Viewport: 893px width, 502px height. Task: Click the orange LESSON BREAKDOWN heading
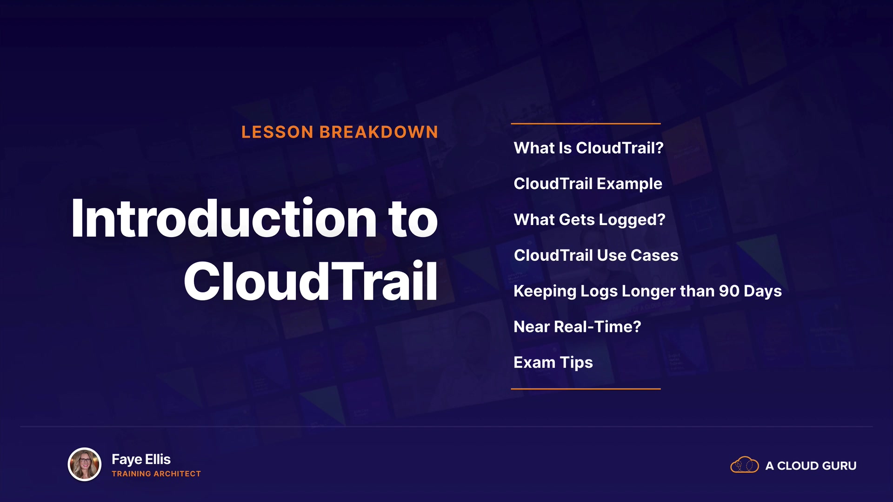click(340, 132)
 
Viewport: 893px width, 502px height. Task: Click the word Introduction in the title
click(224, 218)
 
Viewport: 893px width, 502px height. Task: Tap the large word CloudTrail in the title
click(311, 281)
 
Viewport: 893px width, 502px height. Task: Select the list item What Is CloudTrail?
click(588, 148)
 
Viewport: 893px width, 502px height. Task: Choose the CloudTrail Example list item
click(588, 184)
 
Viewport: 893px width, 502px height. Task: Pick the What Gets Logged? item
click(589, 220)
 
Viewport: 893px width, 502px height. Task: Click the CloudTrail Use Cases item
click(596, 255)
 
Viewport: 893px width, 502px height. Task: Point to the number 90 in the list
click(729, 291)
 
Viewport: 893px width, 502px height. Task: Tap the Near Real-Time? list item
click(577, 327)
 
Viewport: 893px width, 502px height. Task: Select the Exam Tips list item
click(553, 363)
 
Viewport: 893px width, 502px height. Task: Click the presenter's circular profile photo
click(85, 464)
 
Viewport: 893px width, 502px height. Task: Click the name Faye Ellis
click(141, 459)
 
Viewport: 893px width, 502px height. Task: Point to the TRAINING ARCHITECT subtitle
click(156, 474)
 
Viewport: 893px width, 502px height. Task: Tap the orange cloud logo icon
click(745, 465)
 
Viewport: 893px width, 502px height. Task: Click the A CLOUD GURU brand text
click(811, 466)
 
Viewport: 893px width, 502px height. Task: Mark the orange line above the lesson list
click(586, 124)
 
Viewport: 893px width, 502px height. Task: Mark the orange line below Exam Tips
click(586, 389)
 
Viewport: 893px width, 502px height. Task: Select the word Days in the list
click(763, 291)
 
